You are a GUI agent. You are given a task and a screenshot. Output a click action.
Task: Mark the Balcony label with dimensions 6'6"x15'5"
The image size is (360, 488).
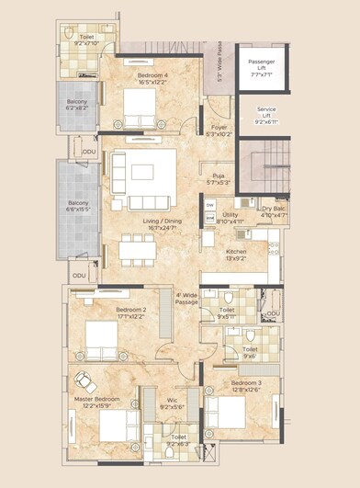[x=79, y=207]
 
